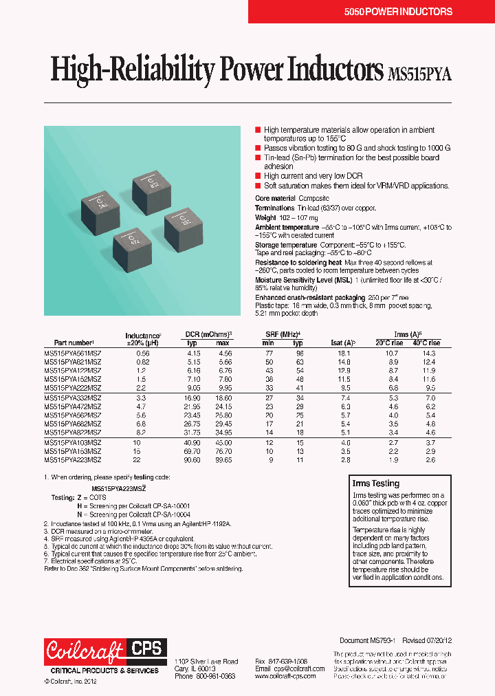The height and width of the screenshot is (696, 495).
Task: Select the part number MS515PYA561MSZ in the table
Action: point(73,353)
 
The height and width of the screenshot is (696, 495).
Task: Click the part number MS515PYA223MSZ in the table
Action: point(73,459)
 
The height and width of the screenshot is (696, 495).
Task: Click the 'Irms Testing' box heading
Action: point(375,483)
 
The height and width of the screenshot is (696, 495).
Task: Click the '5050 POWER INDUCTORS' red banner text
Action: point(408,12)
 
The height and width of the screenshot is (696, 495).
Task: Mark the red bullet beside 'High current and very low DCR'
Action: point(258,176)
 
